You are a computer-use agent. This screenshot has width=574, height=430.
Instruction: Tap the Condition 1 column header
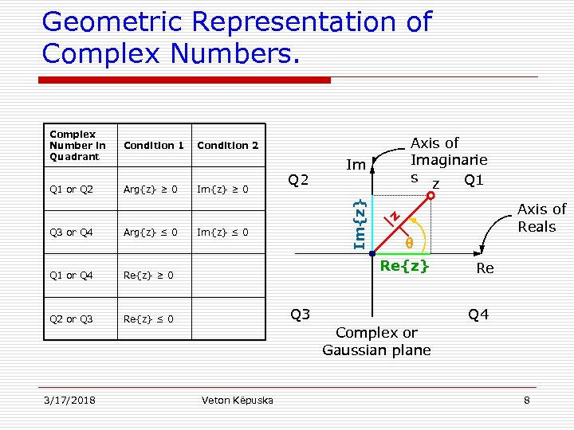(x=154, y=146)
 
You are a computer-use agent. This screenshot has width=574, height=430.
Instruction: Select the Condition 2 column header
(x=227, y=146)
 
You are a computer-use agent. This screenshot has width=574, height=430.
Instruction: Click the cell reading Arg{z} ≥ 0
(x=150, y=190)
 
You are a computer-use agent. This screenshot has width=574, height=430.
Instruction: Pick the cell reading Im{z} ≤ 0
(x=222, y=233)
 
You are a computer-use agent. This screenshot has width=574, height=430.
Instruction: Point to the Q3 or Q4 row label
(x=71, y=233)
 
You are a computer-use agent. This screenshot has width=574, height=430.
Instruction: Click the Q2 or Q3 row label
(x=71, y=319)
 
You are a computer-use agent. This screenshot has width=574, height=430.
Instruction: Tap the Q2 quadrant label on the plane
(x=298, y=180)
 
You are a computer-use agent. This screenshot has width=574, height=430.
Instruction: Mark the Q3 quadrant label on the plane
(x=300, y=315)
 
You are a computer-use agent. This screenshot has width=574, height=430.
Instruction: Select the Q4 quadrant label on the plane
(x=478, y=315)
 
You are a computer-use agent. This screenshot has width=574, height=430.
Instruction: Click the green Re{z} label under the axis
(x=405, y=266)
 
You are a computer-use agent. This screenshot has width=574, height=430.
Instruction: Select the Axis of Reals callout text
(x=541, y=217)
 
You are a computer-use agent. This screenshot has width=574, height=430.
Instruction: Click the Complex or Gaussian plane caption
(x=376, y=341)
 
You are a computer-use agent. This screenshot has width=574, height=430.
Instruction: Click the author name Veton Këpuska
(x=237, y=400)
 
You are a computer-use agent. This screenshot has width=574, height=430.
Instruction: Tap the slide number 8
(x=526, y=400)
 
